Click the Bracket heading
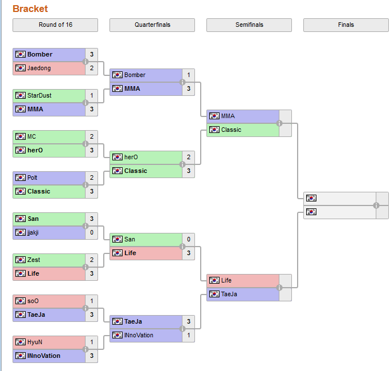coord(30,9)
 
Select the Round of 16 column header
coord(55,25)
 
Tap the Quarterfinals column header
coord(152,25)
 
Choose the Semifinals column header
coord(249,25)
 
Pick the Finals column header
coord(346,25)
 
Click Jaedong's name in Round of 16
coord(39,68)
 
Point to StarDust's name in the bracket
coord(39,95)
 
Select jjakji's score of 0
coord(92,233)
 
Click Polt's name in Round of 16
coord(32,178)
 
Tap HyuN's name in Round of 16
coord(35,342)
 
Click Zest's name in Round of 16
coord(34,260)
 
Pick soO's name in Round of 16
coord(34,301)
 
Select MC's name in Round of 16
coord(31,136)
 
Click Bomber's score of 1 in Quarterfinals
coord(189,75)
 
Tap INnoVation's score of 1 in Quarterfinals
coord(189,335)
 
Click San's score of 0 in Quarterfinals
coord(189,239)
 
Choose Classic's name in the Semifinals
coord(231,130)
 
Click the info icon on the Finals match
coord(376,205)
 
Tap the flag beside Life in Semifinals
coord(214,280)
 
